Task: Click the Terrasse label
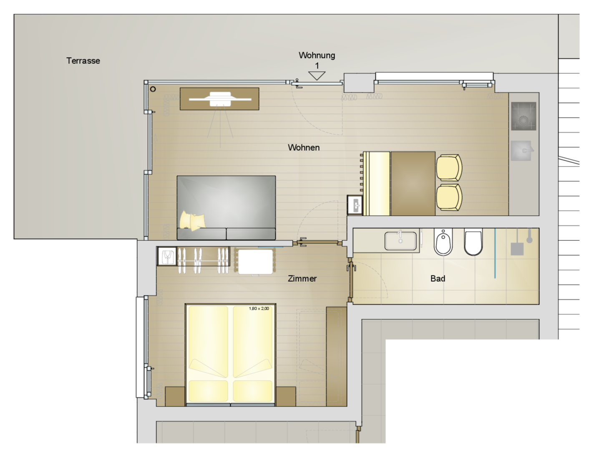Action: tap(83, 61)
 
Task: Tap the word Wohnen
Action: tap(304, 148)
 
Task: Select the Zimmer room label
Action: tap(302, 279)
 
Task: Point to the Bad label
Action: tap(438, 279)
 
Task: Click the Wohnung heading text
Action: tap(317, 55)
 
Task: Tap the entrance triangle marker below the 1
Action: tap(317, 76)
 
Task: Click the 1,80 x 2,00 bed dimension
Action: tap(259, 308)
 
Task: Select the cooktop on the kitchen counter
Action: tap(524, 116)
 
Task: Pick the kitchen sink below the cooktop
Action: tap(521, 151)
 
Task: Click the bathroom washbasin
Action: tap(400, 241)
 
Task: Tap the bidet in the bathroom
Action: tap(443, 242)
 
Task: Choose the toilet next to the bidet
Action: tap(473, 242)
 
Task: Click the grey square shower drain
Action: tap(517, 249)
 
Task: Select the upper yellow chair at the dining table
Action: tap(449, 168)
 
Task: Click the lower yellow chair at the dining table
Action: tap(449, 197)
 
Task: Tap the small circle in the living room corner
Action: tap(153, 89)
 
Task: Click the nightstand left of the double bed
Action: tap(175, 396)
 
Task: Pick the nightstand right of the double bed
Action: tap(286, 396)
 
